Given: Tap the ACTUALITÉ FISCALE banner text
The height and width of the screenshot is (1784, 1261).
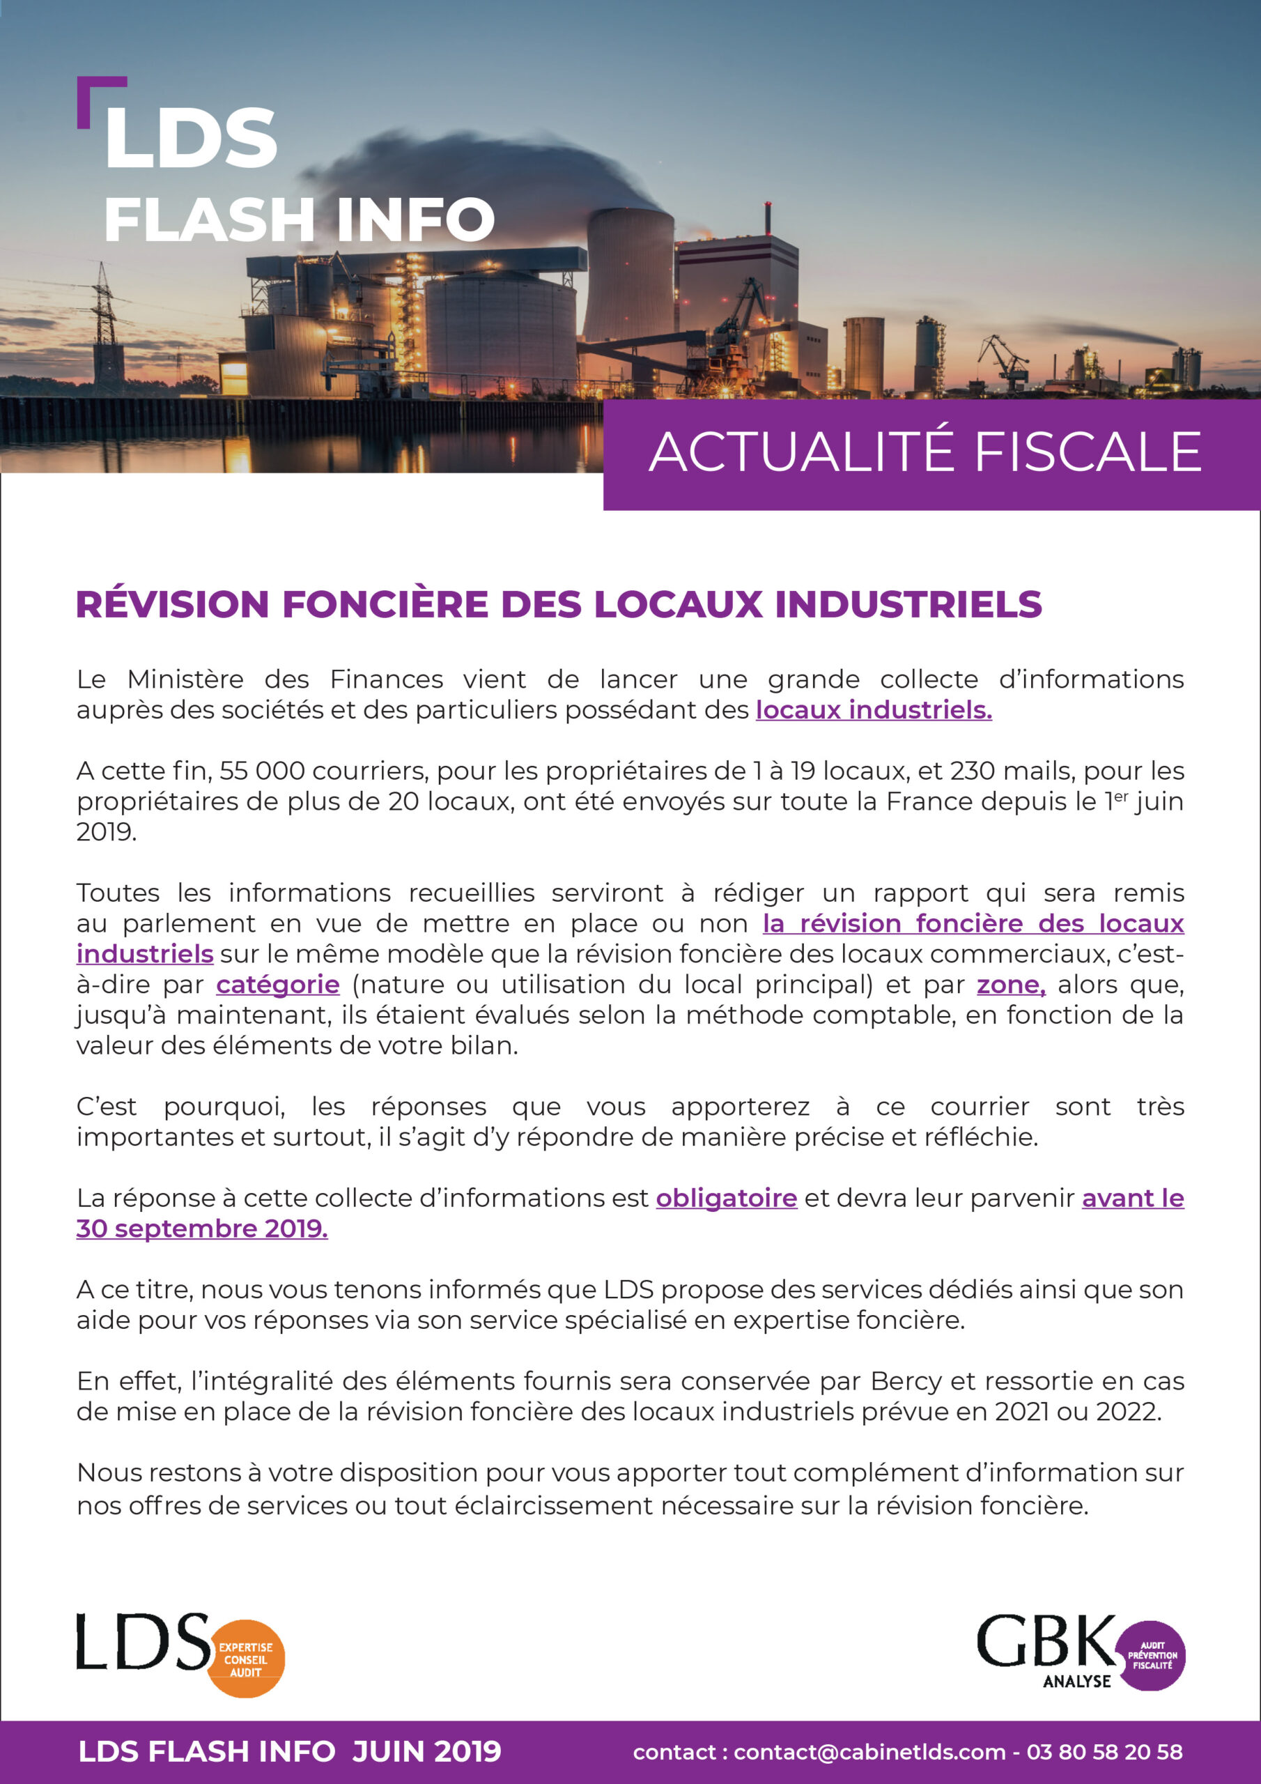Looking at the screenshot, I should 925,452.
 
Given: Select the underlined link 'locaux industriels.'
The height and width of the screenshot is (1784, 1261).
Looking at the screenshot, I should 874,710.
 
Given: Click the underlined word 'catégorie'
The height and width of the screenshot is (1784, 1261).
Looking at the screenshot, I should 277,985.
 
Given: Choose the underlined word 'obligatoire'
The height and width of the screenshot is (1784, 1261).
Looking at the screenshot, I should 727,1198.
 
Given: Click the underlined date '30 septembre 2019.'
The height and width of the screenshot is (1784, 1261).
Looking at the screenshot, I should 202,1229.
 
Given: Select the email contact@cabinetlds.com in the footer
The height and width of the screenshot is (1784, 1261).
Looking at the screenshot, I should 869,1752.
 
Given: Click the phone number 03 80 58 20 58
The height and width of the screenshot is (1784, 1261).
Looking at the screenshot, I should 1104,1752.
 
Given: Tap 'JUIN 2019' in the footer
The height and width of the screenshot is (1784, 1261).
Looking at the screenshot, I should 426,1751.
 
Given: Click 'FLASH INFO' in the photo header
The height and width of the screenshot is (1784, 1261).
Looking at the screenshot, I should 299,220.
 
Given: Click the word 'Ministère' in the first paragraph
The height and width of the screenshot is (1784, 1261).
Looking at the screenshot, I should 185,680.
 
